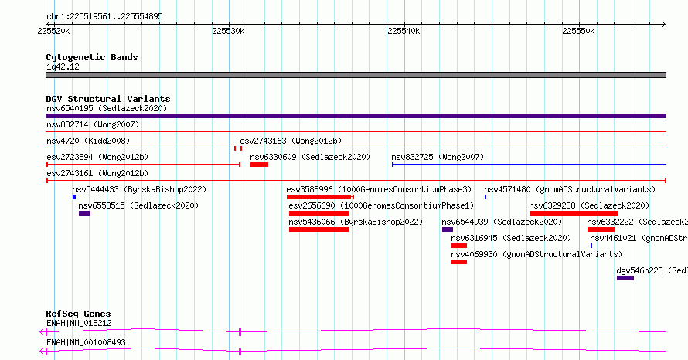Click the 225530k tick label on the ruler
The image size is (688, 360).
coord(228,31)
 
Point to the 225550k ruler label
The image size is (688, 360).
coord(578,31)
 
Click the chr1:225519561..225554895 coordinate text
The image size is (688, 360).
coord(104,17)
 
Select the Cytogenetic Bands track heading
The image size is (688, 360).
coord(92,57)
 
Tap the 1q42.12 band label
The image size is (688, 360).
coord(63,66)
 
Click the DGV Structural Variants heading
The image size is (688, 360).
coord(108,99)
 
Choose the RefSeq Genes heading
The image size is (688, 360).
coord(78,314)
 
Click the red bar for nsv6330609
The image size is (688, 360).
coord(259,165)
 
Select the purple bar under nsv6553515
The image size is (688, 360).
coord(85,213)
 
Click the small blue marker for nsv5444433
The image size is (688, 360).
coord(74,197)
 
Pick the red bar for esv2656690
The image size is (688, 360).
coord(318,213)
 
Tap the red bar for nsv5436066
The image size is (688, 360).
coord(318,229)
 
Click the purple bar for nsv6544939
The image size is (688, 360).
coord(448,229)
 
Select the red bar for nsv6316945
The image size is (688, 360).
coord(459,246)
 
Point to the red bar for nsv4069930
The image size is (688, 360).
coord(459,262)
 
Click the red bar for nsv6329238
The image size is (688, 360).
coord(574,213)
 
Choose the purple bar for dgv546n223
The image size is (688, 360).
coord(625,278)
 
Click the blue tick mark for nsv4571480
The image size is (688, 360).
coord(485,197)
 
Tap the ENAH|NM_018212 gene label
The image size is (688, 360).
coord(79,323)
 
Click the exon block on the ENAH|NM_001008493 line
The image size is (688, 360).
coord(240,352)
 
